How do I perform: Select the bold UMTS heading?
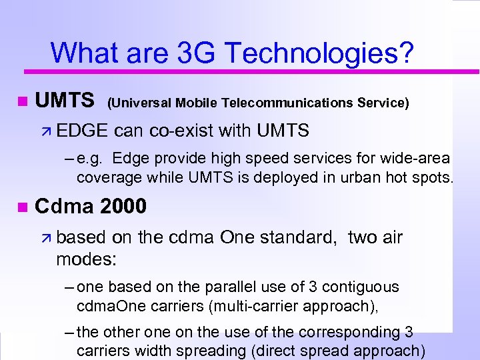point(65,101)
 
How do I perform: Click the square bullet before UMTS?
point(22,101)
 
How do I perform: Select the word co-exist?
point(179,131)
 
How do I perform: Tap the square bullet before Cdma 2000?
point(22,207)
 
